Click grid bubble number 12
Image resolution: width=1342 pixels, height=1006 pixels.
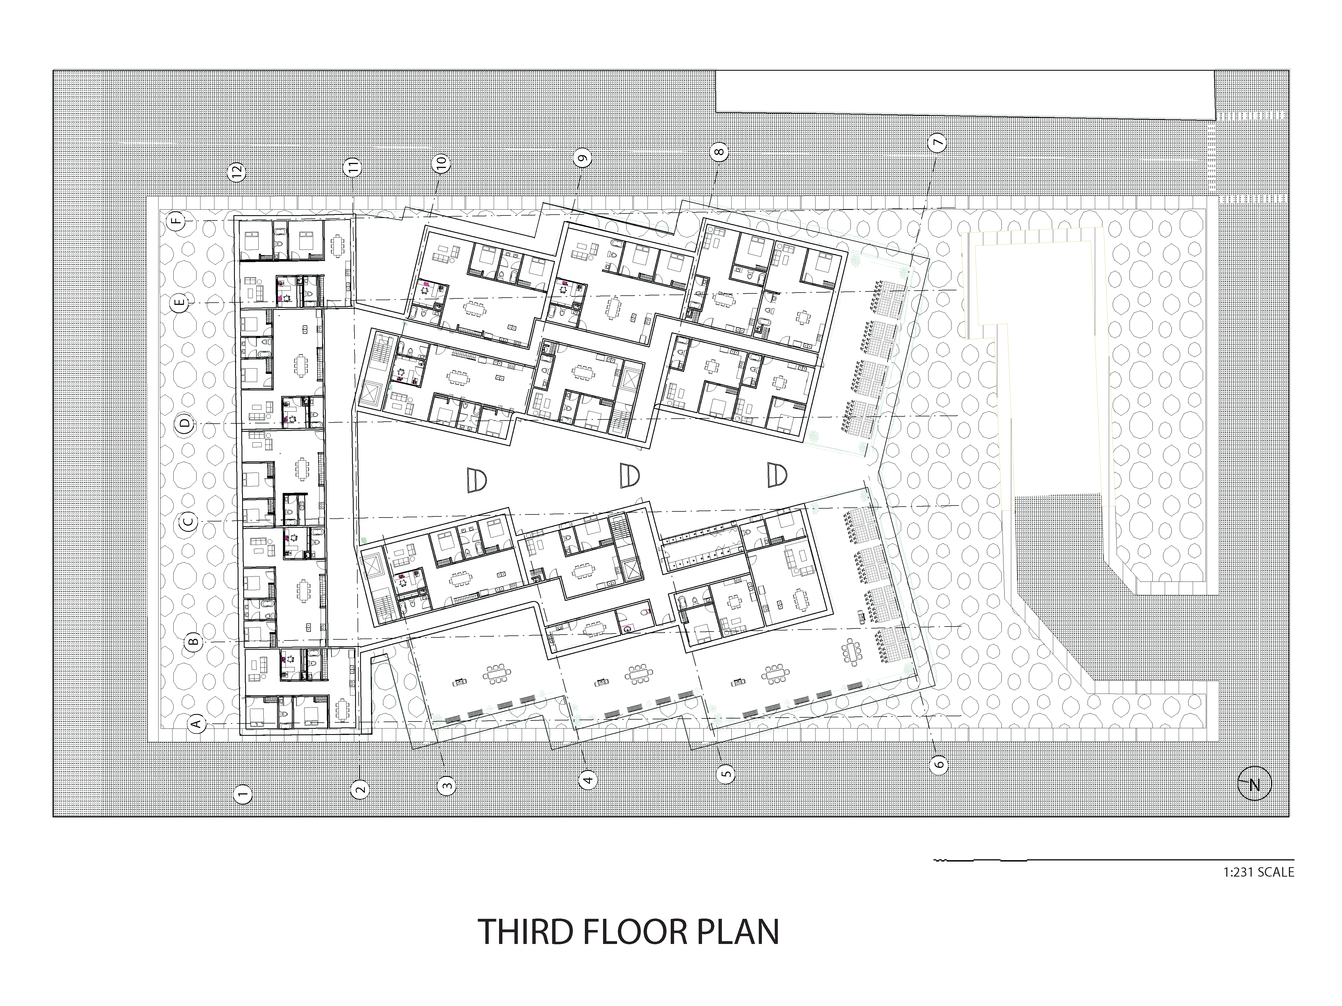237,172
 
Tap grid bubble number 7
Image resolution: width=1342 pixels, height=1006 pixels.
937,143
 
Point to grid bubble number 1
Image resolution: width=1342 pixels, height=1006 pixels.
243,794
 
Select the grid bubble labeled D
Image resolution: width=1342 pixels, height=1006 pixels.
186,423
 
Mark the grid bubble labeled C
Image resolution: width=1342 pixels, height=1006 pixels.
189,521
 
